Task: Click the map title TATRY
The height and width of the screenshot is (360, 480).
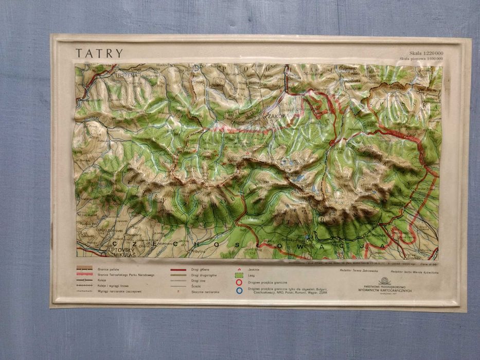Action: pyautogui.click(x=100, y=53)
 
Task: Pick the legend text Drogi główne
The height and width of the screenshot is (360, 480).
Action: pyautogui.click(x=201, y=269)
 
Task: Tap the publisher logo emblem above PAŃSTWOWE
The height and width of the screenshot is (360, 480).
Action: pyautogui.click(x=384, y=281)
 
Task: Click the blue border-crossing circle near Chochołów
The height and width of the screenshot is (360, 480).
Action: pyautogui.click(x=196, y=67)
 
